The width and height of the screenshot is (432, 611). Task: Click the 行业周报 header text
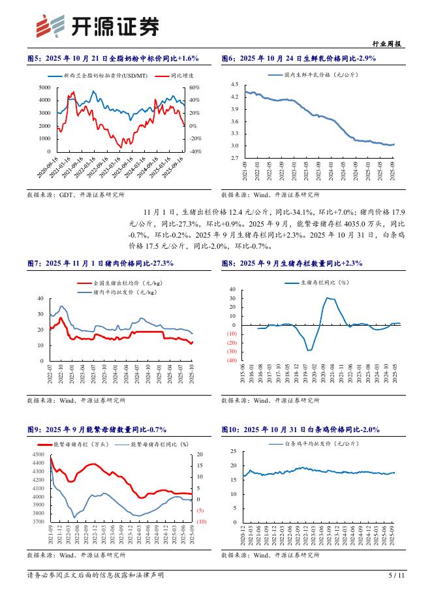(x=390, y=44)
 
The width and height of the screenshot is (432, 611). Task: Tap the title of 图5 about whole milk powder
(x=113, y=59)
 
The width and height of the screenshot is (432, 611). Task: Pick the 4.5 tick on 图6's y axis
(x=235, y=84)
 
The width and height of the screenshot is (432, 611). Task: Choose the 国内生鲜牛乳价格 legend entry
(x=315, y=76)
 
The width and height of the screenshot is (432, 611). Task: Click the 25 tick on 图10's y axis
(x=234, y=452)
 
